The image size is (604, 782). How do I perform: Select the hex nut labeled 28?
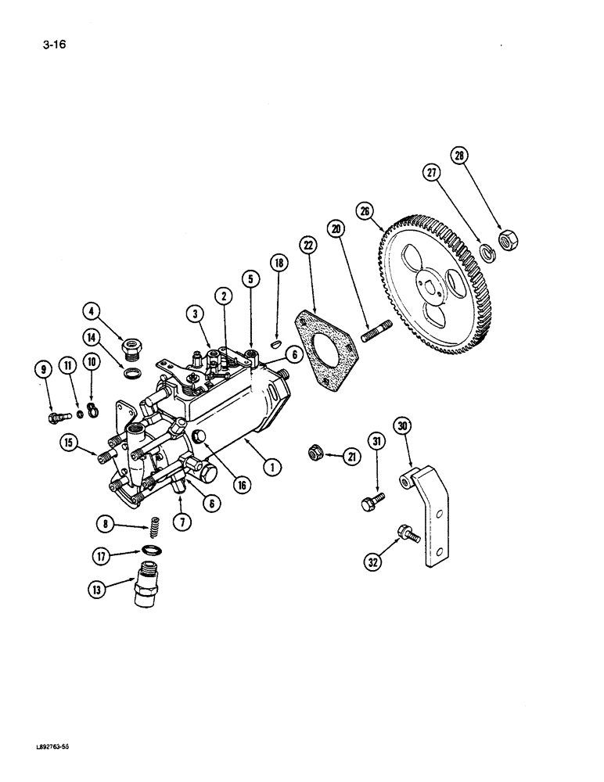pos(505,241)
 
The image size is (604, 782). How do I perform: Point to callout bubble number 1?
pos(272,468)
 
